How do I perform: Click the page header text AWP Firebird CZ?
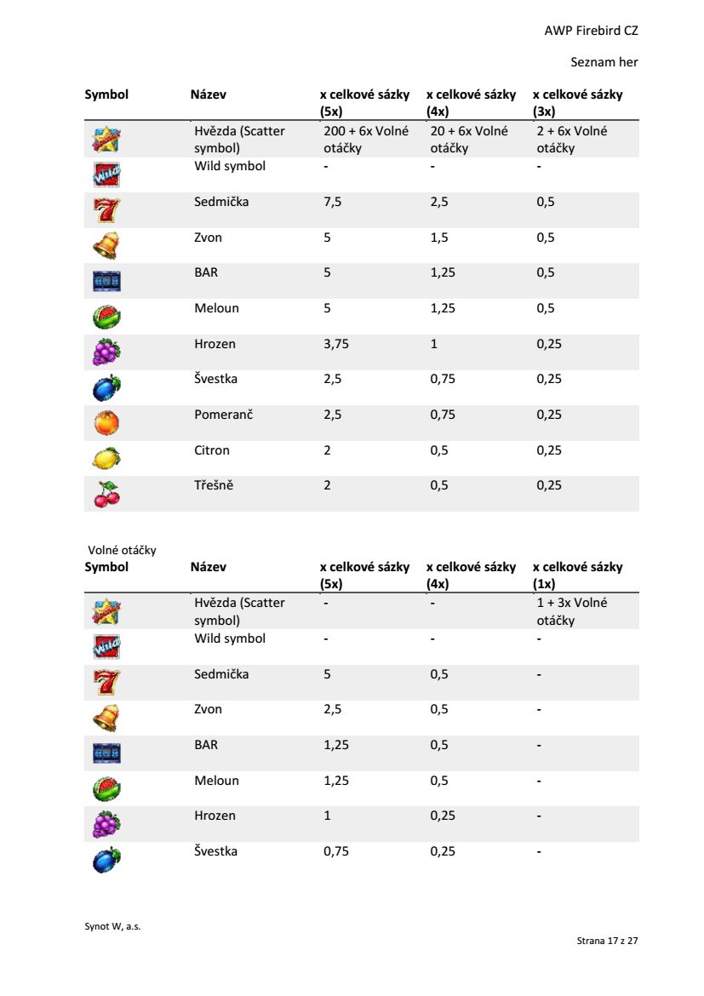pyautogui.click(x=591, y=31)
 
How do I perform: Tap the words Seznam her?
pyautogui.click(x=604, y=62)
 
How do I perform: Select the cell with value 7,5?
pyautogui.click(x=332, y=203)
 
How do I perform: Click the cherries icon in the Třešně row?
pyautogui.click(x=106, y=494)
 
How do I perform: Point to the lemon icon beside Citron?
pyautogui.click(x=106, y=458)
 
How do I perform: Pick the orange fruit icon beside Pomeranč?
pyautogui.click(x=106, y=423)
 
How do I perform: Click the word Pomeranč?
pyautogui.click(x=223, y=415)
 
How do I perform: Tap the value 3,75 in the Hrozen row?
pyautogui.click(x=336, y=344)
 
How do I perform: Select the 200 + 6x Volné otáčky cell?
pyautogui.click(x=365, y=140)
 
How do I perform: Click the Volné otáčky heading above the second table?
pyautogui.click(x=122, y=550)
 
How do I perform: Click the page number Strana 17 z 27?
pyautogui.click(x=607, y=941)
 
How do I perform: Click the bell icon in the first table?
pyautogui.click(x=106, y=245)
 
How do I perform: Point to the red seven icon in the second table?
pyautogui.click(x=106, y=682)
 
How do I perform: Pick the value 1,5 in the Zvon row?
pyautogui.click(x=439, y=238)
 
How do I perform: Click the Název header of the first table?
pyautogui.click(x=209, y=94)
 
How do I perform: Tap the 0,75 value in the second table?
pyautogui.click(x=336, y=851)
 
